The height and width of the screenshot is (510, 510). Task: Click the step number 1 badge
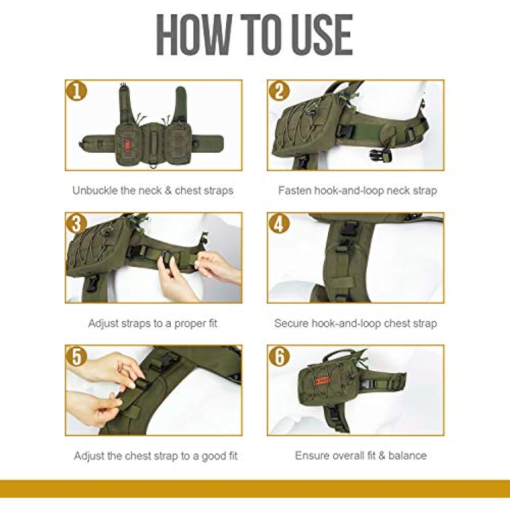77,91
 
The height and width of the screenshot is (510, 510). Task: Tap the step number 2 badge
279,91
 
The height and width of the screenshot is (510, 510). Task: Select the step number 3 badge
77,224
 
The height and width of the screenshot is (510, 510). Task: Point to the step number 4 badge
279,224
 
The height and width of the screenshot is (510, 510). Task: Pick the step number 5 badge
77,357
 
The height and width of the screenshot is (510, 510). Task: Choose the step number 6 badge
279,357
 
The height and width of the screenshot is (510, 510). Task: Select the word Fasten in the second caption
294,190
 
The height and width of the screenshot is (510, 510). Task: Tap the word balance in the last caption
407,456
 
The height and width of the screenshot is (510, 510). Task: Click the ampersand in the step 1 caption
168,191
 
